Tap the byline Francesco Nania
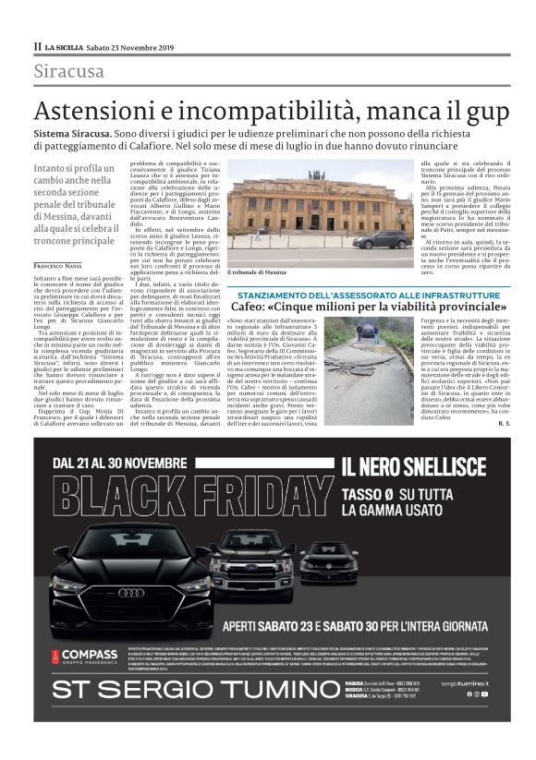57,240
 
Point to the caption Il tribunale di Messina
255,274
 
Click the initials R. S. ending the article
503,423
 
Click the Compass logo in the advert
87,655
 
